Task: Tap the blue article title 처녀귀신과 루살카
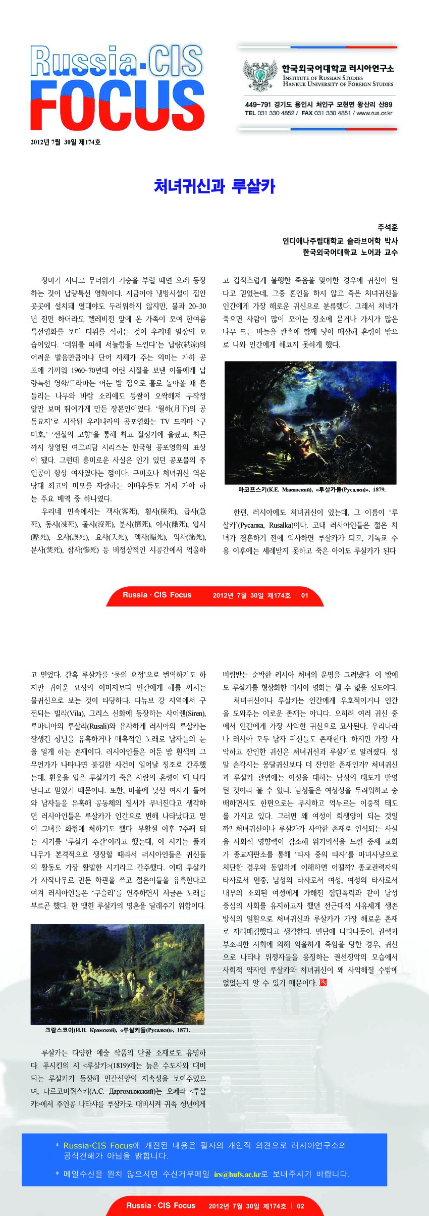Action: [x=215, y=186]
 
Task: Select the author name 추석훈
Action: [x=387, y=228]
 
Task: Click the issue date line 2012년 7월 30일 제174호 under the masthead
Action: [x=66, y=142]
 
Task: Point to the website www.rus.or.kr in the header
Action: [x=374, y=113]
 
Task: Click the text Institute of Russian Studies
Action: [x=323, y=78]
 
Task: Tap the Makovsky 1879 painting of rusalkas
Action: [x=310, y=423]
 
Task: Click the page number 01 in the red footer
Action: [x=304, y=595]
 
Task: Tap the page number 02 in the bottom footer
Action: [x=300, y=1206]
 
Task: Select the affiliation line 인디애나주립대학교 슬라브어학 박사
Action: [x=340, y=240]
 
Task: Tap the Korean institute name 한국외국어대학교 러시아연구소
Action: [x=338, y=68]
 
